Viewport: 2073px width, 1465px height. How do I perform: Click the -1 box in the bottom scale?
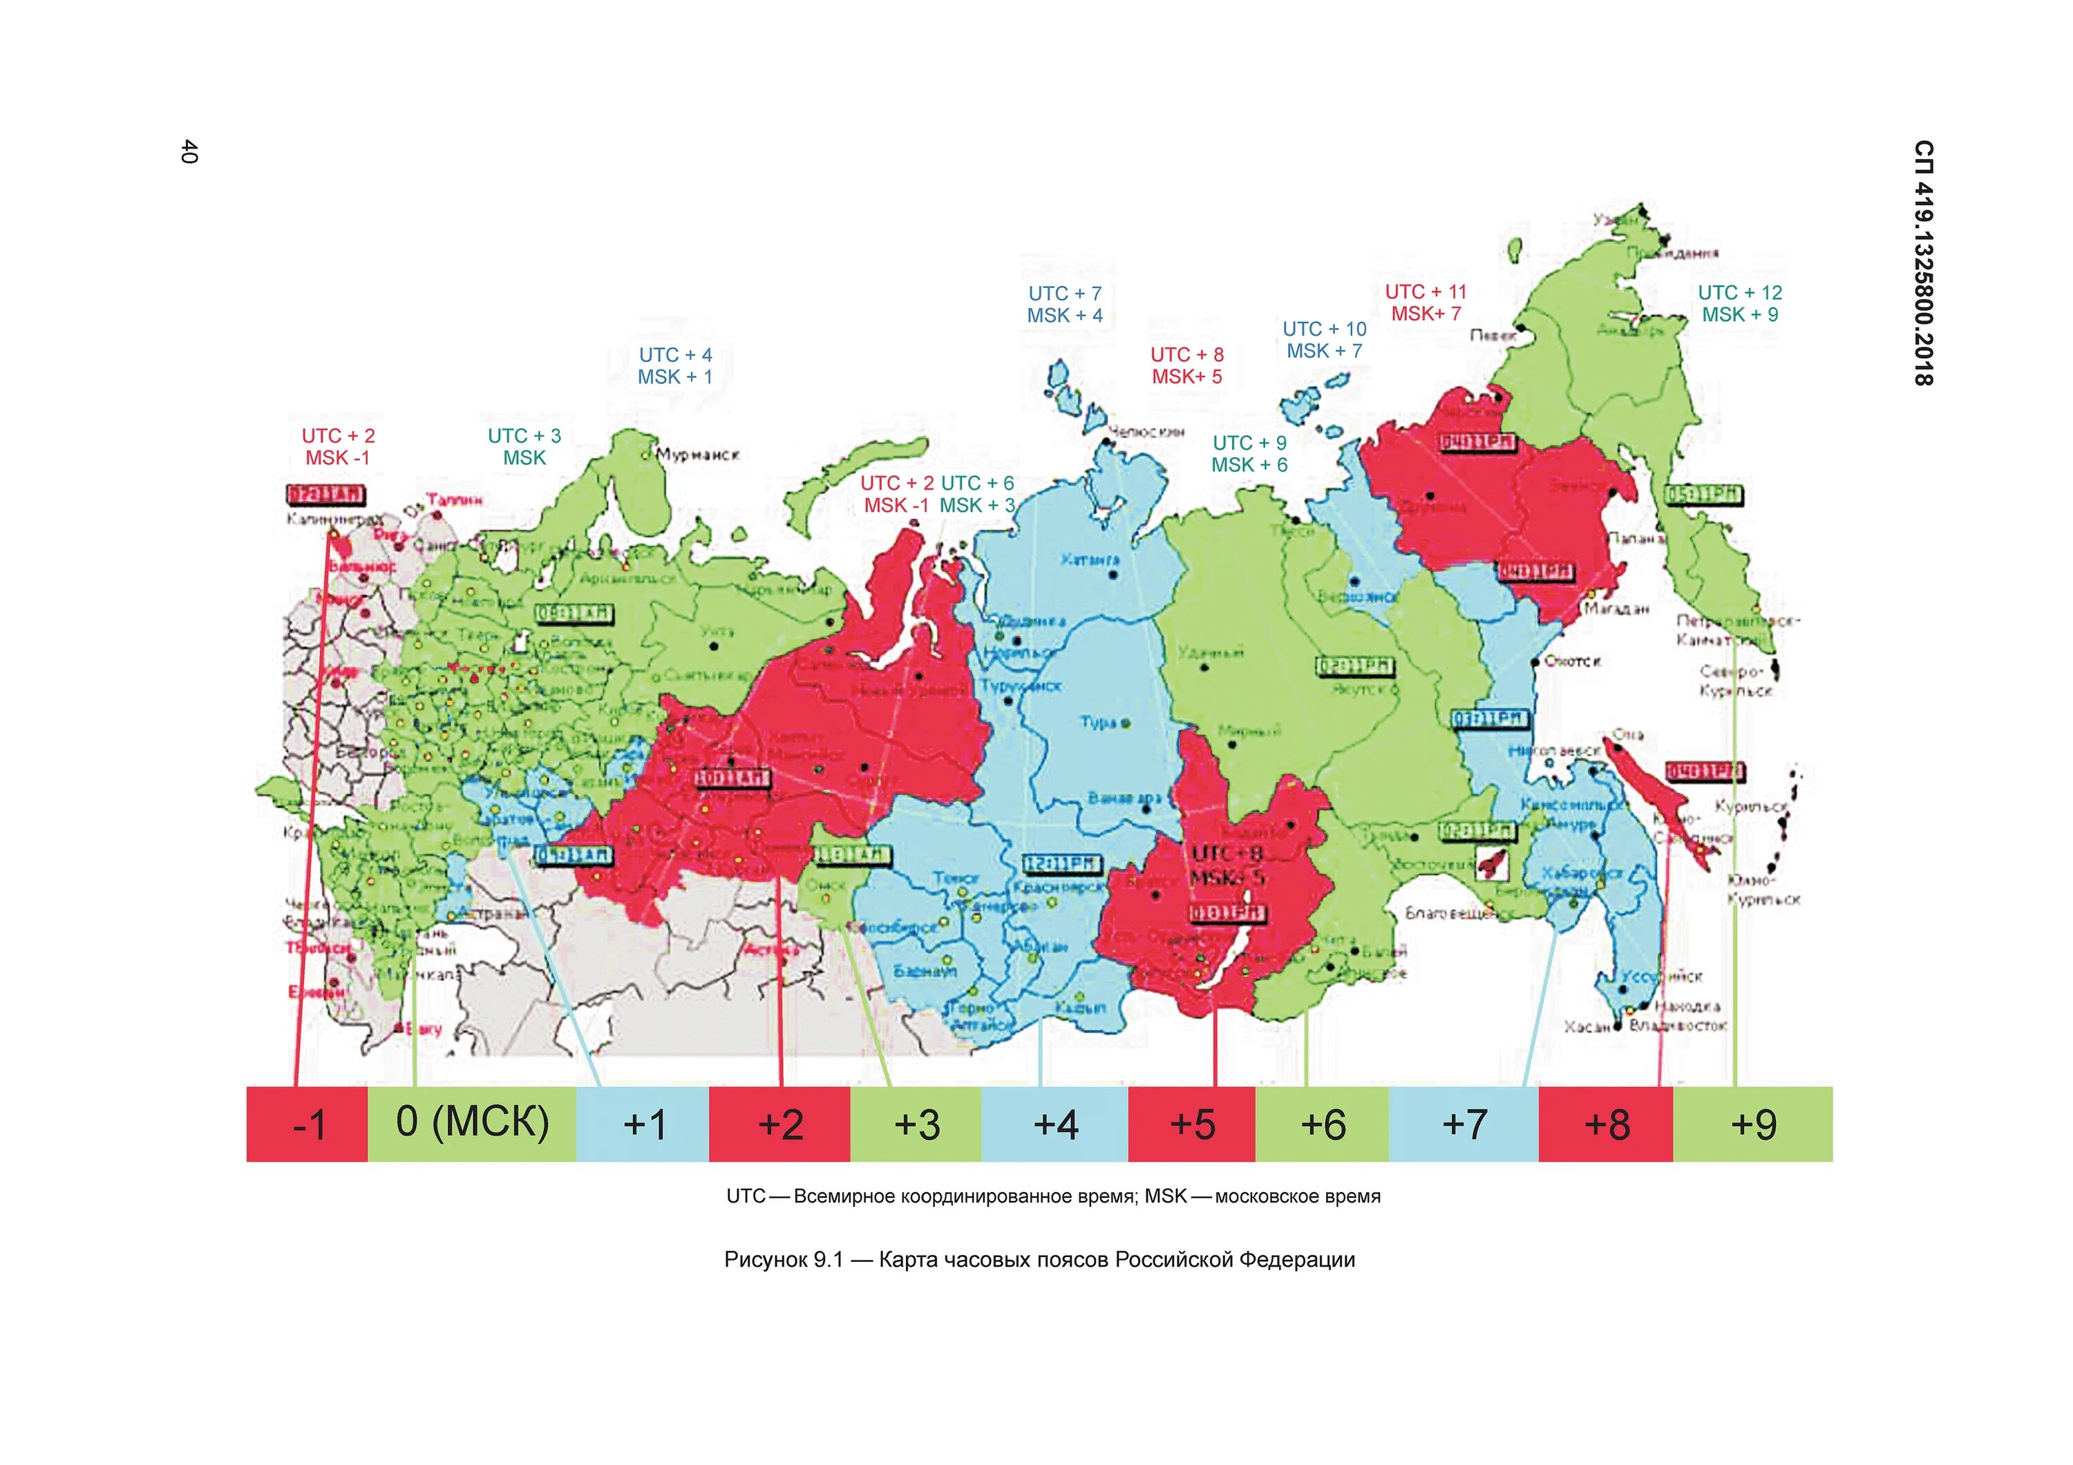tap(307, 1124)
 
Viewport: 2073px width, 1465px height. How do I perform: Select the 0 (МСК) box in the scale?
tap(471, 1123)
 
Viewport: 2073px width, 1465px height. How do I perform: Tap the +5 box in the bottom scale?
tap(1192, 1124)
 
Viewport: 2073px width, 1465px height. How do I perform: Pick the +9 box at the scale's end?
tap(1752, 1124)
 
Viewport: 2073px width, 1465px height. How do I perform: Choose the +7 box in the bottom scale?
tap(1463, 1124)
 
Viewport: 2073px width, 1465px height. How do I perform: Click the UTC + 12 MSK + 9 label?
tap(1740, 303)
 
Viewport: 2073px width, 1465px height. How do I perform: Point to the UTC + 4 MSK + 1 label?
tap(675, 365)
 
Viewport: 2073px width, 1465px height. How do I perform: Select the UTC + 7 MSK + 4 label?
tap(1065, 304)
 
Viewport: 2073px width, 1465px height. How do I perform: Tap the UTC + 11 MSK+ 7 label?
tap(1426, 303)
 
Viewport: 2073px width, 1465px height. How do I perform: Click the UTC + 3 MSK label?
tap(524, 447)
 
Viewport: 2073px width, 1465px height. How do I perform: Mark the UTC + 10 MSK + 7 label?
tap(1325, 339)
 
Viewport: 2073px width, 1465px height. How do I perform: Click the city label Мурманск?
tap(698, 454)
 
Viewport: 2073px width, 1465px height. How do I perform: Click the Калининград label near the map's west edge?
tap(332, 519)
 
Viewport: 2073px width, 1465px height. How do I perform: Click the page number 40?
tap(189, 152)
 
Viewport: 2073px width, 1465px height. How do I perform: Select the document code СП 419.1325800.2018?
tap(1923, 262)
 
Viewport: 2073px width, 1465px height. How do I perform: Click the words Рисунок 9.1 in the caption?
tap(783, 1259)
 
